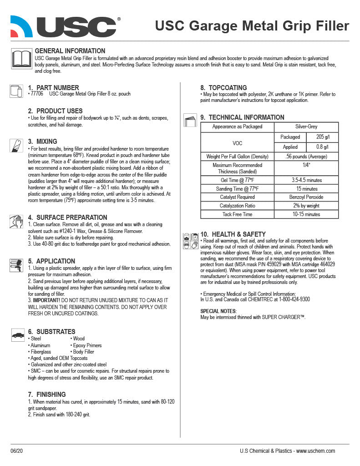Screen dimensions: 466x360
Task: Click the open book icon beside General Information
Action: (x=21, y=60)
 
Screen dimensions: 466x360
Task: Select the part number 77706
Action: (x=37, y=94)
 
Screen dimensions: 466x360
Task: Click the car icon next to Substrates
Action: (x=18, y=335)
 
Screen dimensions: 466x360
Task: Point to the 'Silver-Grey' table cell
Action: (x=306, y=127)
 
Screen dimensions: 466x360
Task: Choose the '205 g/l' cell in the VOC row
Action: (x=322, y=137)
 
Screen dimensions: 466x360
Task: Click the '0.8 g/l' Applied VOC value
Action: (x=322, y=147)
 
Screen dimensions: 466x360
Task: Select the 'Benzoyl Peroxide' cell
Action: (x=306, y=197)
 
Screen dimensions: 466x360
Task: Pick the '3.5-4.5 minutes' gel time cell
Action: (x=306, y=180)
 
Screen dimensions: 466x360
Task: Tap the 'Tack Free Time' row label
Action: (x=237, y=214)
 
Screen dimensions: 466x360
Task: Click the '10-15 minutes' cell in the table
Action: (x=306, y=214)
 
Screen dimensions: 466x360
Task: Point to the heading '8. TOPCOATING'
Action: (x=223, y=88)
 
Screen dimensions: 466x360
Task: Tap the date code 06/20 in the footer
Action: (x=16, y=451)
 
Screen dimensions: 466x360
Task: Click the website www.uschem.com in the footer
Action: (x=315, y=451)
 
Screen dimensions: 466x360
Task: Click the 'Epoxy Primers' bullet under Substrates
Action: (x=87, y=345)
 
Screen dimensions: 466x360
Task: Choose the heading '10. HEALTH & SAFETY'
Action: (x=233, y=234)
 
